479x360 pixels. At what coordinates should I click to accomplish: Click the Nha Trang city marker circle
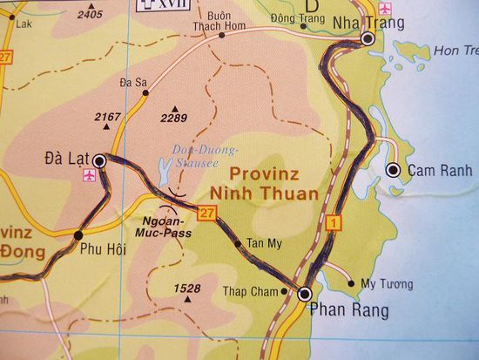368,39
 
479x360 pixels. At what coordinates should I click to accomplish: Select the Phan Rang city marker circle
304,295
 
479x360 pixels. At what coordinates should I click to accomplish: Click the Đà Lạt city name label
64,159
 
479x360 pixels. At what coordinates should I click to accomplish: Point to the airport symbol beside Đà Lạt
88,176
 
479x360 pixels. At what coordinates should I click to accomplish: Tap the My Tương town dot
351,282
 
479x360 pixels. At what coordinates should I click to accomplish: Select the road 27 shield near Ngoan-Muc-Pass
206,213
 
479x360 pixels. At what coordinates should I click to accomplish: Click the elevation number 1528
187,288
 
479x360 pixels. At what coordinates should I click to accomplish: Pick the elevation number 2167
107,116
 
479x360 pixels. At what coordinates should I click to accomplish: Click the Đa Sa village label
132,83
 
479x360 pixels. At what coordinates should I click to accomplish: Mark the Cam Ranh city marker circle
394,170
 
